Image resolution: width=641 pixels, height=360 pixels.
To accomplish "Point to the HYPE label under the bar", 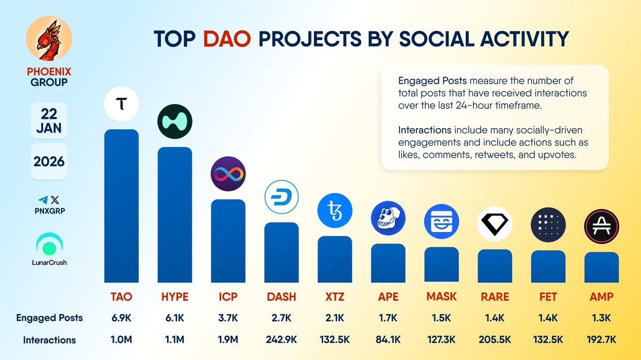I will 175,297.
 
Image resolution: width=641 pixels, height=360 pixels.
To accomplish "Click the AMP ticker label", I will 601,297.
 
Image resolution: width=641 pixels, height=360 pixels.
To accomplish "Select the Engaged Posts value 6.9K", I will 121,318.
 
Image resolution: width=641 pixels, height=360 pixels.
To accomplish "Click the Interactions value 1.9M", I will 228,340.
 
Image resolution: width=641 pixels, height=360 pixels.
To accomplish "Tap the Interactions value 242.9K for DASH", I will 282,340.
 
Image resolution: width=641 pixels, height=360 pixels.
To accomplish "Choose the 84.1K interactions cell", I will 388,340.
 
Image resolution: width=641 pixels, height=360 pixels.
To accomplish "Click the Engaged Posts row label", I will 49,318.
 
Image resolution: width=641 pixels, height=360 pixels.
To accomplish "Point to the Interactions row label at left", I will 49,340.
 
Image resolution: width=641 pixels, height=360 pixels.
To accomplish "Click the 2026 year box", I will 49,161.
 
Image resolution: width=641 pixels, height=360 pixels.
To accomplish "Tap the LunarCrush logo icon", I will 49,244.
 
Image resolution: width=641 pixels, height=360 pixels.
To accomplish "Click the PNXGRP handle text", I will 49,210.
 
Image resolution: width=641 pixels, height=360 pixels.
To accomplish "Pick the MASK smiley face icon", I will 442,221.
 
